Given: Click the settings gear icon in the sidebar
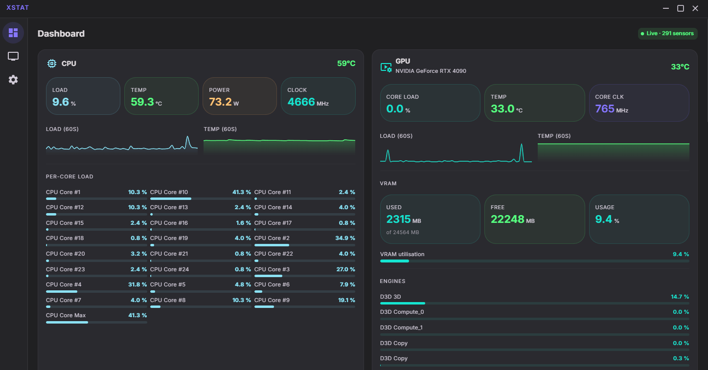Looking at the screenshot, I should coord(13,80).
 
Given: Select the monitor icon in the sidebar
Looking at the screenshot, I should coord(13,56).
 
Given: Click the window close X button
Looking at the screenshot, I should coord(695,8).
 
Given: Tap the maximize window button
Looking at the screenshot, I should coord(680,8).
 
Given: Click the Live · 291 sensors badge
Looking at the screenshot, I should coord(667,34).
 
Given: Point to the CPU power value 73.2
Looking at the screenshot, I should coord(220,102).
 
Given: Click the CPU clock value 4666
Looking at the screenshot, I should coord(301,102).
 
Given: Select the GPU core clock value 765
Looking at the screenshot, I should coord(604,109).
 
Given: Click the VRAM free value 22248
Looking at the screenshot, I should coord(507,219).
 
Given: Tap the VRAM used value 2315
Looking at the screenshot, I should coord(398,219).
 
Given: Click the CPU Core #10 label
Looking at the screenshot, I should coord(169,193).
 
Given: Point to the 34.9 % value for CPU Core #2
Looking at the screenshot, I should coord(345,239).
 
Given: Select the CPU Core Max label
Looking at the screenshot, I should coord(66,316).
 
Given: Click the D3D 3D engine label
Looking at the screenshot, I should coord(390,297).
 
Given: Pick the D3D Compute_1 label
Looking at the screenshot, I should coord(402,327).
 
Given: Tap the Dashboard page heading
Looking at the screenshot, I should coord(61,34).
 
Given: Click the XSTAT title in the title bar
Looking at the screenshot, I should coord(18,8).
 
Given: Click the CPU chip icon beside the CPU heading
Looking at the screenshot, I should coord(51,64).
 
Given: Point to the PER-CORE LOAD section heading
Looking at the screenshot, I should coord(69,177).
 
